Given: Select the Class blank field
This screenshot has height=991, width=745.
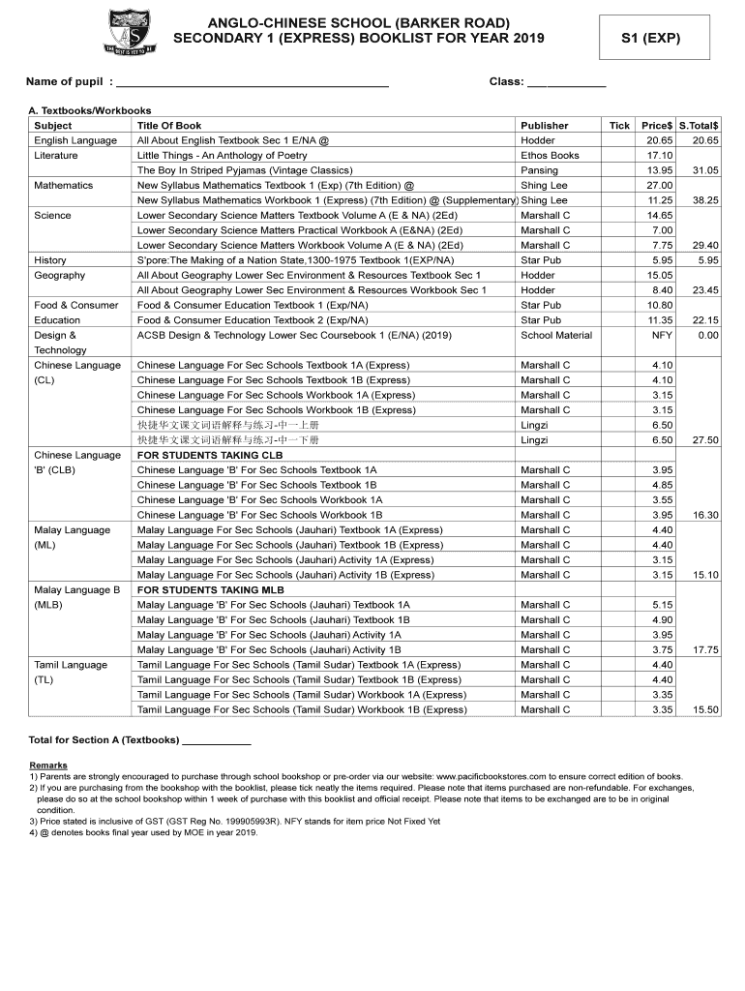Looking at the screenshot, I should [x=566, y=83].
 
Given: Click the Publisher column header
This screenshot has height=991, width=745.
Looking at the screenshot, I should [x=544, y=126].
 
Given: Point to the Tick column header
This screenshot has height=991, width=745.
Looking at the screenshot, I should [x=619, y=126].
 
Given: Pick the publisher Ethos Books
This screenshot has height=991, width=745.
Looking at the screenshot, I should [x=550, y=156].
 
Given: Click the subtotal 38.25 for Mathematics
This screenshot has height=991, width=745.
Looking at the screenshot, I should [x=700, y=200].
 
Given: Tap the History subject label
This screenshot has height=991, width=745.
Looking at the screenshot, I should [x=50, y=260].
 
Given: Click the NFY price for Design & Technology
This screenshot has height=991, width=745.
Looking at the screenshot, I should [x=662, y=335].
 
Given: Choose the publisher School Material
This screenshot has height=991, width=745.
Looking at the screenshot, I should [x=555, y=335].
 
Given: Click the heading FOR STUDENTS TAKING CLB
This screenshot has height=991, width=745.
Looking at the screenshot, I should [x=211, y=455].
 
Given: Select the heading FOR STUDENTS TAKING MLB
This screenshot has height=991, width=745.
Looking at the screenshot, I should [x=211, y=589].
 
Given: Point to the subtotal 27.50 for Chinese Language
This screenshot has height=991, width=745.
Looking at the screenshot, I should [x=700, y=440].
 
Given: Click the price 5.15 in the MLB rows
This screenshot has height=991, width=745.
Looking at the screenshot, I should [x=662, y=605].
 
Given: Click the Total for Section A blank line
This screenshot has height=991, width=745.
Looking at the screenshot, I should [x=217, y=741].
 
